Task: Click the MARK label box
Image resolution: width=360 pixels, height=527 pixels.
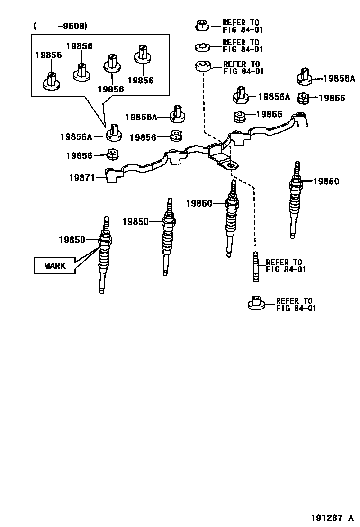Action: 55,266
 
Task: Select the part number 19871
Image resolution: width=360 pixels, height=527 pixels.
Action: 81,178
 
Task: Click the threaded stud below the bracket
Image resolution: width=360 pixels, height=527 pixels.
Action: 256,267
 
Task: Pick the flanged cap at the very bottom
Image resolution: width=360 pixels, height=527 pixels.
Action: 256,303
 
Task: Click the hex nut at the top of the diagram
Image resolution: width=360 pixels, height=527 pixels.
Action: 201,25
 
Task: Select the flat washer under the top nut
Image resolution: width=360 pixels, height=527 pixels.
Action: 203,46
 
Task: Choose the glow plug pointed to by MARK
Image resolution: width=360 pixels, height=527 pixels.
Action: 104,256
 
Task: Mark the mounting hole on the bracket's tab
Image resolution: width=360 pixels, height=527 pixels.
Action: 231,165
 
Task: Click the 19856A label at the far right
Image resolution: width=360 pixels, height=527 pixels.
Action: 339,79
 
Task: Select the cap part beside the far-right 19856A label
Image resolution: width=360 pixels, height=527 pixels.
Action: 303,77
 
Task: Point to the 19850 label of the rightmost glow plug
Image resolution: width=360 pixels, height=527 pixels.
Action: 326,182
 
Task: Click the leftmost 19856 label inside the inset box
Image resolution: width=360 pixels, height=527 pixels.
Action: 48,55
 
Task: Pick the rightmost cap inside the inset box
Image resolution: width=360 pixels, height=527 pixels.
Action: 141,55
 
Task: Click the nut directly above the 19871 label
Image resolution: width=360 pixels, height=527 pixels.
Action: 112,154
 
